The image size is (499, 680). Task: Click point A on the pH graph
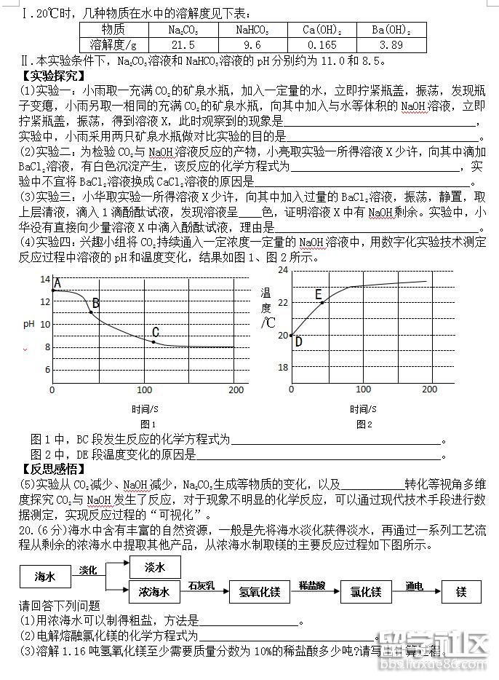53,290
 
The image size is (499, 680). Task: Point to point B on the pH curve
91,312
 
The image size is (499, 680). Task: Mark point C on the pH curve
153,341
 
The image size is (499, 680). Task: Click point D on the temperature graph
292,336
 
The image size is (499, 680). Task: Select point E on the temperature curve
322,302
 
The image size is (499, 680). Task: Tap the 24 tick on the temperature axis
283,271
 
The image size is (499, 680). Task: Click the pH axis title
28,324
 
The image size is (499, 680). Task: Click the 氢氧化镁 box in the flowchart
260,592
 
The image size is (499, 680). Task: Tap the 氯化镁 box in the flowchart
366,592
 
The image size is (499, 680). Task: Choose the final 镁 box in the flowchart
460,592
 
